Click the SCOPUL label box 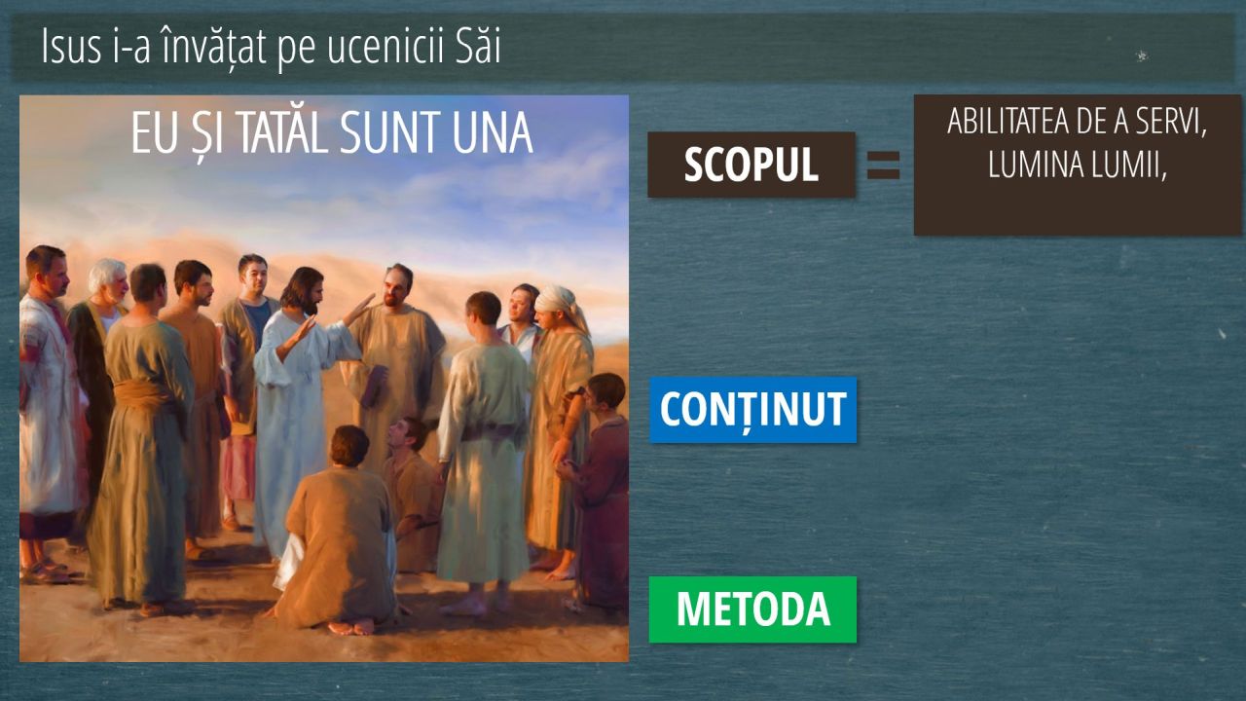tap(751, 165)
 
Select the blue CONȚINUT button tap(753, 410)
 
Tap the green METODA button tap(753, 609)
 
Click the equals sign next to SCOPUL tap(883, 166)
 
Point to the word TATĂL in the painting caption tap(282, 133)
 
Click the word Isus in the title tap(71, 47)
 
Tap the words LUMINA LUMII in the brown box tap(1077, 165)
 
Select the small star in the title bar tap(1142, 55)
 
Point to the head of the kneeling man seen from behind tap(349, 446)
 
